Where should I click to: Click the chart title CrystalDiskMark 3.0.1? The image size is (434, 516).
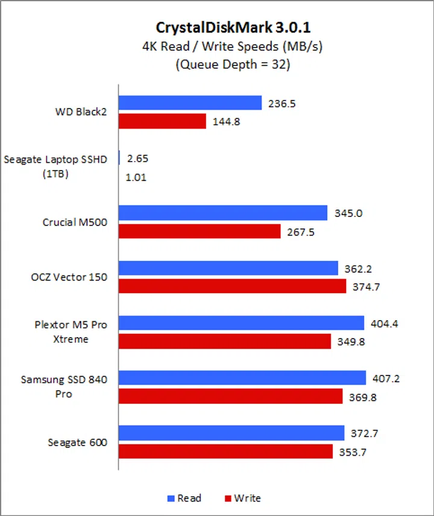233,28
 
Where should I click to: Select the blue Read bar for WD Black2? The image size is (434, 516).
190,103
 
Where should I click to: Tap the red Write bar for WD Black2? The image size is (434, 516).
162,121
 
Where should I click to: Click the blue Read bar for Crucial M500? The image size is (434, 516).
222,213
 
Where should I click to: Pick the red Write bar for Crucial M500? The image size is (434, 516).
200,231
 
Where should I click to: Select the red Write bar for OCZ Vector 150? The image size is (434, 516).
232,286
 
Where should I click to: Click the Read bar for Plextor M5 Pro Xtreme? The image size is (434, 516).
241,323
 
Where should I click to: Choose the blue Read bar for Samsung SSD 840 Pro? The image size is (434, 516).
242,378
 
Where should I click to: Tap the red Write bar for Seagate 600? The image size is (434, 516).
225,451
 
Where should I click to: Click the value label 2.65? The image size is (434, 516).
137,159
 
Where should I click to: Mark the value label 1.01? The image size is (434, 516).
136,177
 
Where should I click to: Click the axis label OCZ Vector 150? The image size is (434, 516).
69,277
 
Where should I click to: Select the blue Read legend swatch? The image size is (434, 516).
170,499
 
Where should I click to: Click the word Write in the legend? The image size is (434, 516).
247,498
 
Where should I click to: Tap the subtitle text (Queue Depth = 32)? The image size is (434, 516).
233,65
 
